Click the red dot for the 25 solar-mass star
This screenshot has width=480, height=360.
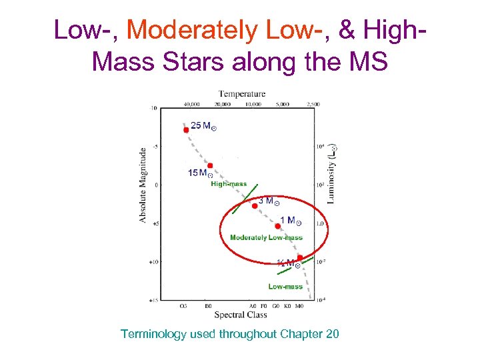pyautogui.click(x=186, y=130)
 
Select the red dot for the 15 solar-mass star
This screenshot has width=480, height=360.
pyautogui.click(x=210, y=165)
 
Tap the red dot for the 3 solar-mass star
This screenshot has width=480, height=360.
pyautogui.click(x=255, y=206)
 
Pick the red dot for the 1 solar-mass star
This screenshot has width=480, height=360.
pyautogui.click(x=278, y=226)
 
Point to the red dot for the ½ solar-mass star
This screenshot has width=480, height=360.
pyautogui.click(x=300, y=257)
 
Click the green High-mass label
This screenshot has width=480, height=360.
pyautogui.click(x=229, y=184)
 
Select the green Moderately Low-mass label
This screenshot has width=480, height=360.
pyautogui.click(x=266, y=237)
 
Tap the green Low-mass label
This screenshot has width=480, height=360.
pyautogui.click(x=285, y=287)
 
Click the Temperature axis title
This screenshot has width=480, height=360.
pyautogui.click(x=242, y=94)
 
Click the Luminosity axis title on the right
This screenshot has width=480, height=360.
pyautogui.click(x=332, y=174)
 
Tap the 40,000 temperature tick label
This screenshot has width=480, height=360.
pyautogui.click(x=191, y=104)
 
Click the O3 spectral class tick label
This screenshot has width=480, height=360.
pyautogui.click(x=183, y=306)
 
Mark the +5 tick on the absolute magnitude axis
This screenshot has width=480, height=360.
pyautogui.click(x=155, y=224)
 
